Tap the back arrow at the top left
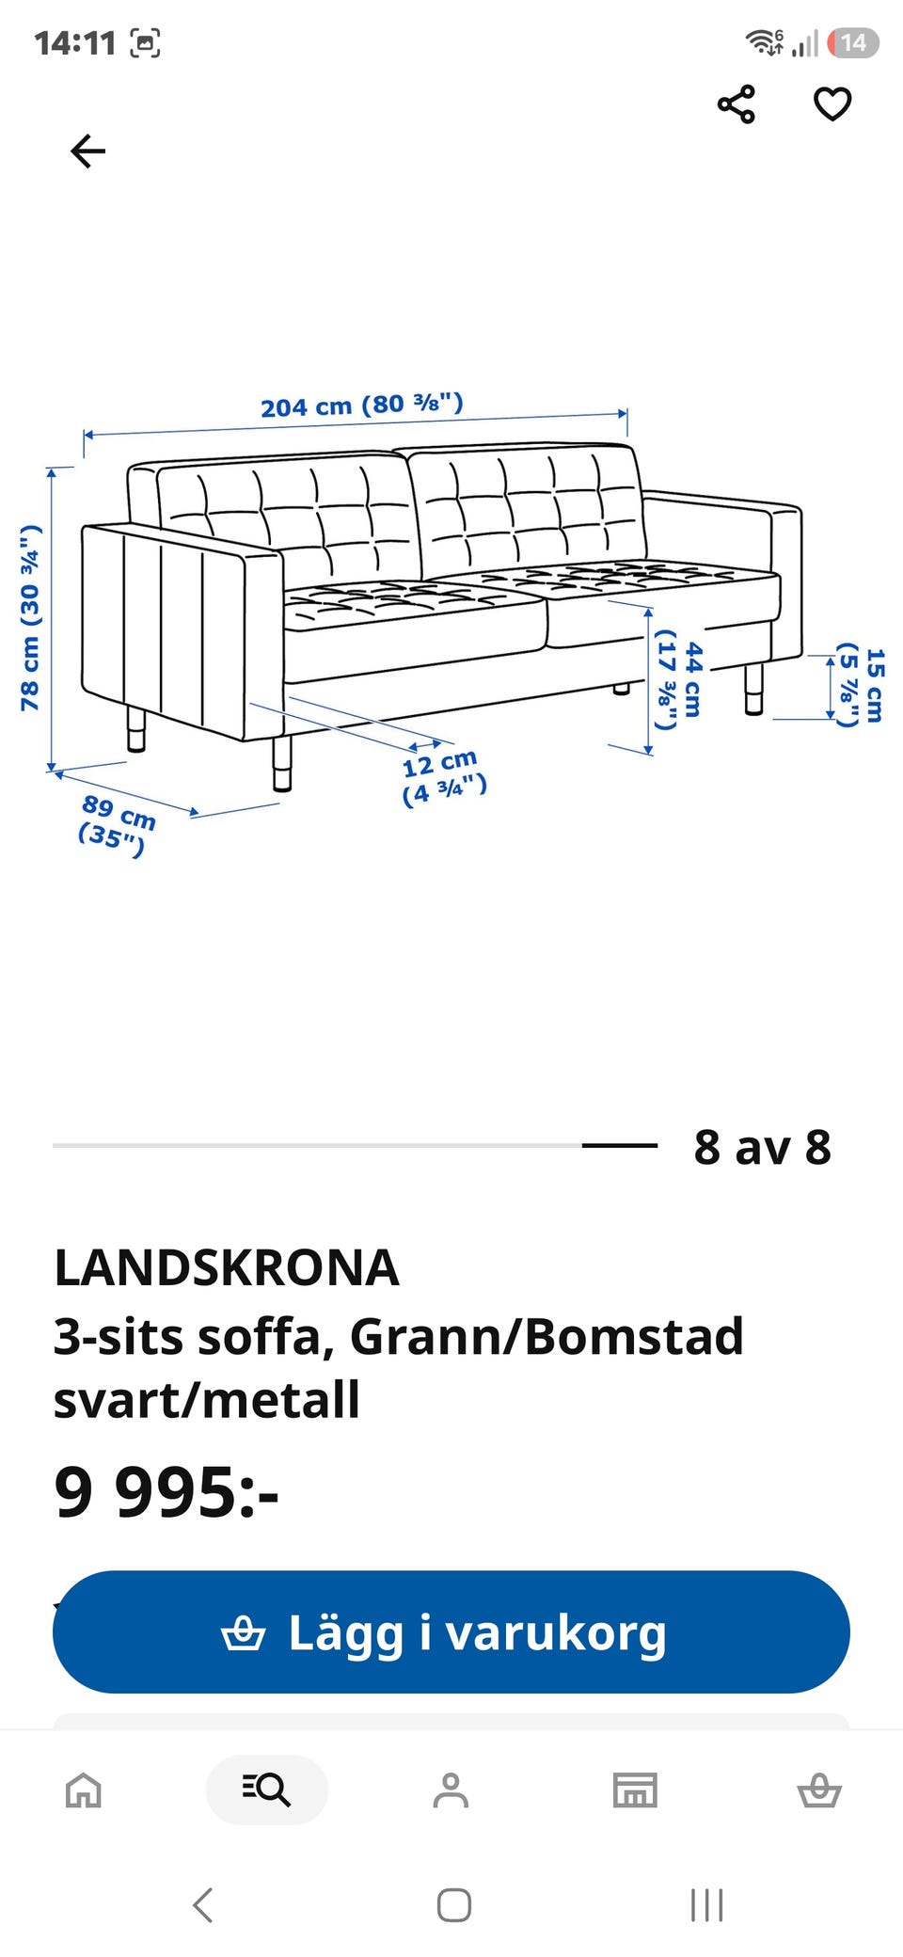[x=88, y=151]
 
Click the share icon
[x=737, y=103]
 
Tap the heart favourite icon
[x=832, y=103]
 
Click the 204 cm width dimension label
[x=362, y=406]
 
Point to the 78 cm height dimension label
[x=31, y=618]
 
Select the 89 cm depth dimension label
[x=116, y=825]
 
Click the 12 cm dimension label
[x=443, y=777]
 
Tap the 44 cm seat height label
[x=679, y=679]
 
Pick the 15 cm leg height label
[x=861, y=685]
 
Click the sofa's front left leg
[x=282, y=763]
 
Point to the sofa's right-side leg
[x=753, y=690]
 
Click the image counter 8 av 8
[x=763, y=1147]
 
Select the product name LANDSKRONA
[x=227, y=1267]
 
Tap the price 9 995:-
[x=166, y=1492]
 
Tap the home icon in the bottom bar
[x=83, y=1790]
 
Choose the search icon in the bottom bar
[x=267, y=1789]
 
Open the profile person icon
[x=451, y=1790]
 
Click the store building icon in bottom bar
[x=635, y=1790]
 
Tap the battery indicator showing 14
[x=853, y=42]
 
